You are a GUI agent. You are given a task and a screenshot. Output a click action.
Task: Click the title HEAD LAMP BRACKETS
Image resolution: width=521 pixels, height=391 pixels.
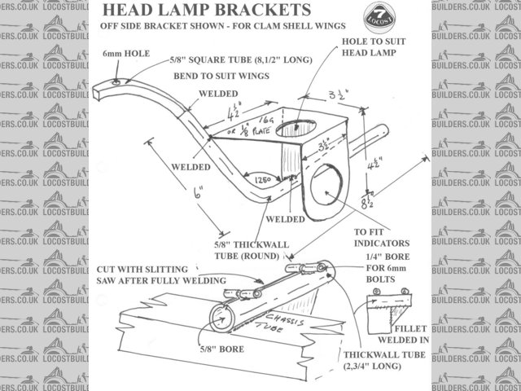click(x=205, y=11)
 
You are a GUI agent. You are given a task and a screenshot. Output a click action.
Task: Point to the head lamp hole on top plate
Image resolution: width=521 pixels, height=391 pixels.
click(x=298, y=128)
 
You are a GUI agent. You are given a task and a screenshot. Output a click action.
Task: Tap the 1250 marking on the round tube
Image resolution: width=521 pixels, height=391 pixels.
click(x=262, y=179)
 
